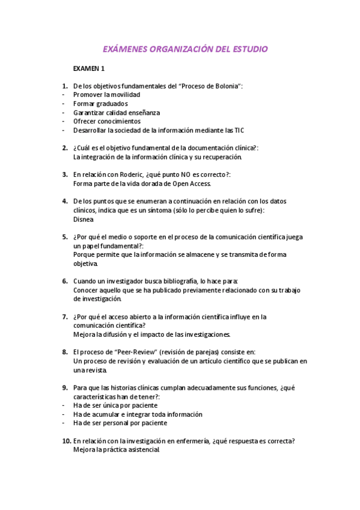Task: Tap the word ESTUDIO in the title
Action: pos(248,49)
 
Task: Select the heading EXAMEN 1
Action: pos(89,69)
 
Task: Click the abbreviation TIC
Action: pos(238,130)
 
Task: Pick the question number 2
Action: pos(65,147)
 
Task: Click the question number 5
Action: pos(65,236)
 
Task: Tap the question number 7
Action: pos(65,316)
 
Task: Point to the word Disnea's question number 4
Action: pos(65,201)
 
